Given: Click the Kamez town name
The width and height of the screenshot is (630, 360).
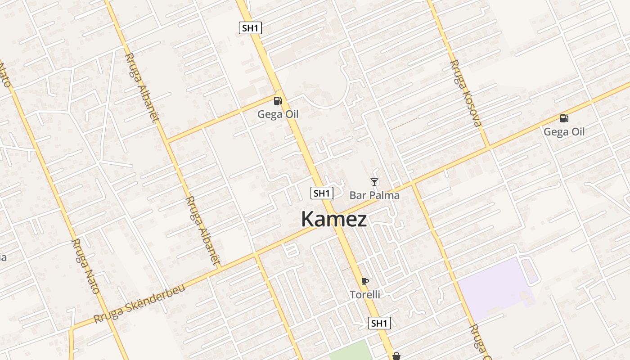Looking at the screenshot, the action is tap(334, 220).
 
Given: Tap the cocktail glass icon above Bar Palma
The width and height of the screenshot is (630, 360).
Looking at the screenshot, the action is tap(374, 182).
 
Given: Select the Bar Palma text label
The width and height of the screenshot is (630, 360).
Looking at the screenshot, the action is tap(374, 195).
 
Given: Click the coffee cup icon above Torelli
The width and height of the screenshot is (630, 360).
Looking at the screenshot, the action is tap(365, 282).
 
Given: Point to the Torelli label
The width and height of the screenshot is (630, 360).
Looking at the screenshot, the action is tap(365, 295).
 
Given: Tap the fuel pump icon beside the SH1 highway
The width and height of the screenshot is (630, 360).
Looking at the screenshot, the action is tap(278, 101).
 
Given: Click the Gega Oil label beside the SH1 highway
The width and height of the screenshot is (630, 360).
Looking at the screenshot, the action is tap(278, 114).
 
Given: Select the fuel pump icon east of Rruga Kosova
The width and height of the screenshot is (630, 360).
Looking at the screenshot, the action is tap(564, 118).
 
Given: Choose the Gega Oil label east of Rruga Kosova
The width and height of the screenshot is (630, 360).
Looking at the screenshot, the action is tap(564, 132).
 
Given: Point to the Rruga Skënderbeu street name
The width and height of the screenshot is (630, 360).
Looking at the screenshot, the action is tap(139, 303).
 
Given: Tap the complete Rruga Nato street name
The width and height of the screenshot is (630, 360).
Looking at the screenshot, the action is tap(85, 266).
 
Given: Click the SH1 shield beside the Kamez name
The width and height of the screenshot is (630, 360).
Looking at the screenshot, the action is tap(322, 193).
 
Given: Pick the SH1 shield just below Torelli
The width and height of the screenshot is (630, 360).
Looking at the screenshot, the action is tap(379, 323).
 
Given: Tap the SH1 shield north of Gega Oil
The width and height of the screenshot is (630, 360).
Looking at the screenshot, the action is tap(250, 28).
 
